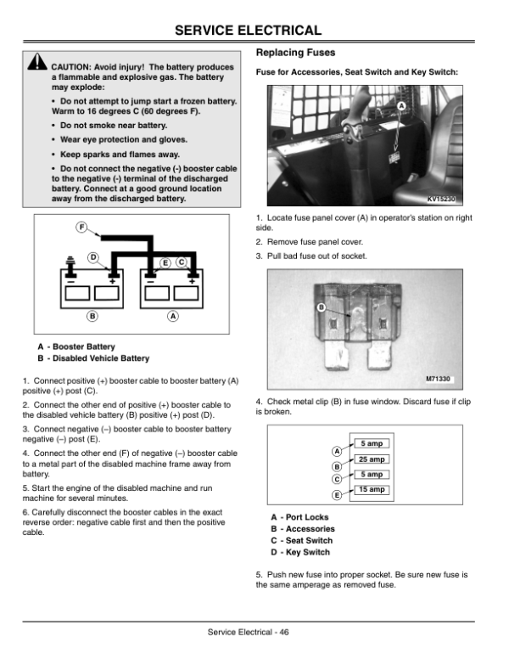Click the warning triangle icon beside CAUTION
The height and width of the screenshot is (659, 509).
click(37, 62)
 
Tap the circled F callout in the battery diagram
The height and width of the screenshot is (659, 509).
click(81, 228)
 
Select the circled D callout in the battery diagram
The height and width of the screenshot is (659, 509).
click(92, 257)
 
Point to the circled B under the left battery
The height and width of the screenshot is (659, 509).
click(92, 316)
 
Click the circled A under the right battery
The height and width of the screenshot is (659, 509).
click(172, 316)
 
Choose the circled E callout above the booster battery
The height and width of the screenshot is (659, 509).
click(165, 263)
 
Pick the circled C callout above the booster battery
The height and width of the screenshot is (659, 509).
click(181, 262)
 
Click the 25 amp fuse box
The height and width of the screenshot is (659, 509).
click(372, 459)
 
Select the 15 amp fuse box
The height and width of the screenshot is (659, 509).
click(372, 490)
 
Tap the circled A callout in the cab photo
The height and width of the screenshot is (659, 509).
click(401, 106)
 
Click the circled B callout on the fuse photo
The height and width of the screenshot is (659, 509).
click(322, 307)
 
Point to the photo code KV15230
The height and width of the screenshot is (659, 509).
click(441, 199)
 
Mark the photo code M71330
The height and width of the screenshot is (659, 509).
click(438, 379)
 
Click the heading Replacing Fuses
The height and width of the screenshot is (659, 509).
click(296, 53)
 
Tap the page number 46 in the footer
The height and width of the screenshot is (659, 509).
click(284, 632)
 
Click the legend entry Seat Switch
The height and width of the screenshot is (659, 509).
click(309, 540)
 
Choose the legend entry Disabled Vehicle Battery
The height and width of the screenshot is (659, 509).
click(101, 358)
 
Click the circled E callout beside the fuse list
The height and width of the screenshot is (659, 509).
click(337, 495)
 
